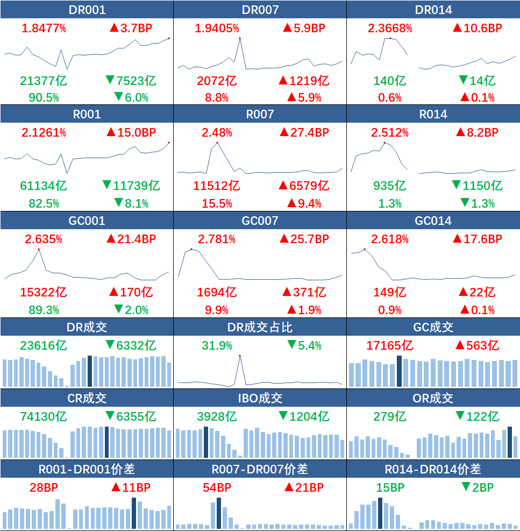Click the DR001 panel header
87,10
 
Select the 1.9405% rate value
217,28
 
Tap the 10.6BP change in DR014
477,28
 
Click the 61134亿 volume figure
44,186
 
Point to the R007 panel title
260,115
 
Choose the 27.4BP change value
304,132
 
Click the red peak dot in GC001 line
39,249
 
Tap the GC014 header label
433,221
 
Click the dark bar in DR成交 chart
90,371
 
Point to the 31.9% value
217,345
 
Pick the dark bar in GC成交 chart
399,371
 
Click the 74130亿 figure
44,416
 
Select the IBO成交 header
260,398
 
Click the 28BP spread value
44,488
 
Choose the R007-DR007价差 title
260,469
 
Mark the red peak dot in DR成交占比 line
240,356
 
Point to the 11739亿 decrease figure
131,186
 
